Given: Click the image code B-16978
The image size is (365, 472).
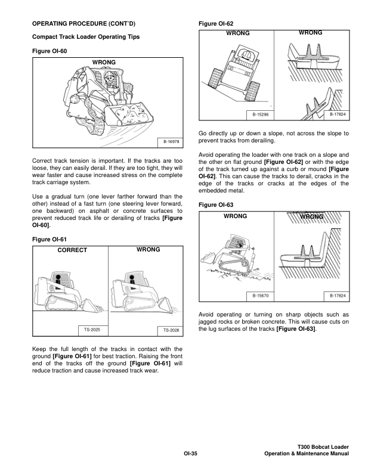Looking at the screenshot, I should tap(171, 142).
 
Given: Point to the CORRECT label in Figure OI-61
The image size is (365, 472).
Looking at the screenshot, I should tap(72, 250).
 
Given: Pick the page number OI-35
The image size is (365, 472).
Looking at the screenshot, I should tap(190, 454).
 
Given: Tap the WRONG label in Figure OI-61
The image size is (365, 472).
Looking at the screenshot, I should tap(148, 250).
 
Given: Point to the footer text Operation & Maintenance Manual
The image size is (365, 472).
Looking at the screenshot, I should tap(306, 454).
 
